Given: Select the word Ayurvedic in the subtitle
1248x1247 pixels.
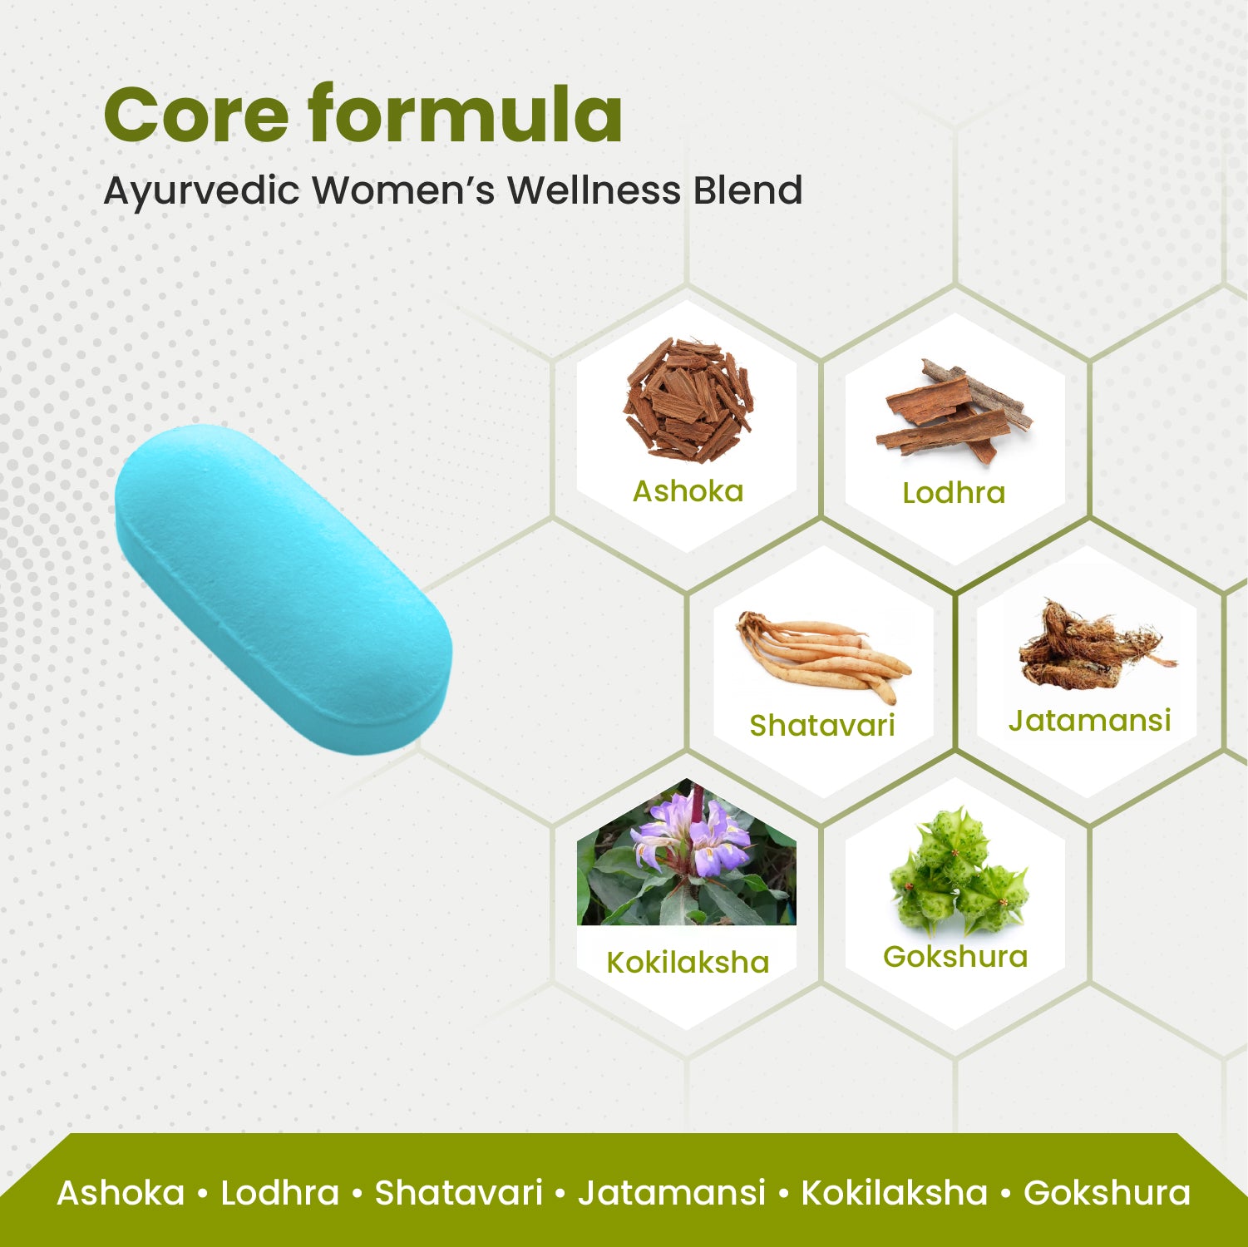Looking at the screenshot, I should click(201, 191).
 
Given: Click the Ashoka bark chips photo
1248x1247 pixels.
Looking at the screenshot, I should click(688, 400).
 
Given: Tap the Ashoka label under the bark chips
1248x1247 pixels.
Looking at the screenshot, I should click(688, 491).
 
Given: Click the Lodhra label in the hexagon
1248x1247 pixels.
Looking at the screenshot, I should click(954, 493).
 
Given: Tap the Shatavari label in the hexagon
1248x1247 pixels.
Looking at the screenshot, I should click(821, 726).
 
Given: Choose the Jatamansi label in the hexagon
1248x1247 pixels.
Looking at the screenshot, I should click(1089, 721).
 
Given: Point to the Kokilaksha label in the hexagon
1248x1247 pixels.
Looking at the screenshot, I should click(688, 963).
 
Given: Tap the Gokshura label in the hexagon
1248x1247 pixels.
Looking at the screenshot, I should click(955, 957).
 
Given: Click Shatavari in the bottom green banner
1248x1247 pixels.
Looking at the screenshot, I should click(458, 1193).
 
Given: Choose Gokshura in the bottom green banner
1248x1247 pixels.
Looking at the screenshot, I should click(1106, 1193).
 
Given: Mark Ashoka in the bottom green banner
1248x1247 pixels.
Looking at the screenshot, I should click(121, 1193).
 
